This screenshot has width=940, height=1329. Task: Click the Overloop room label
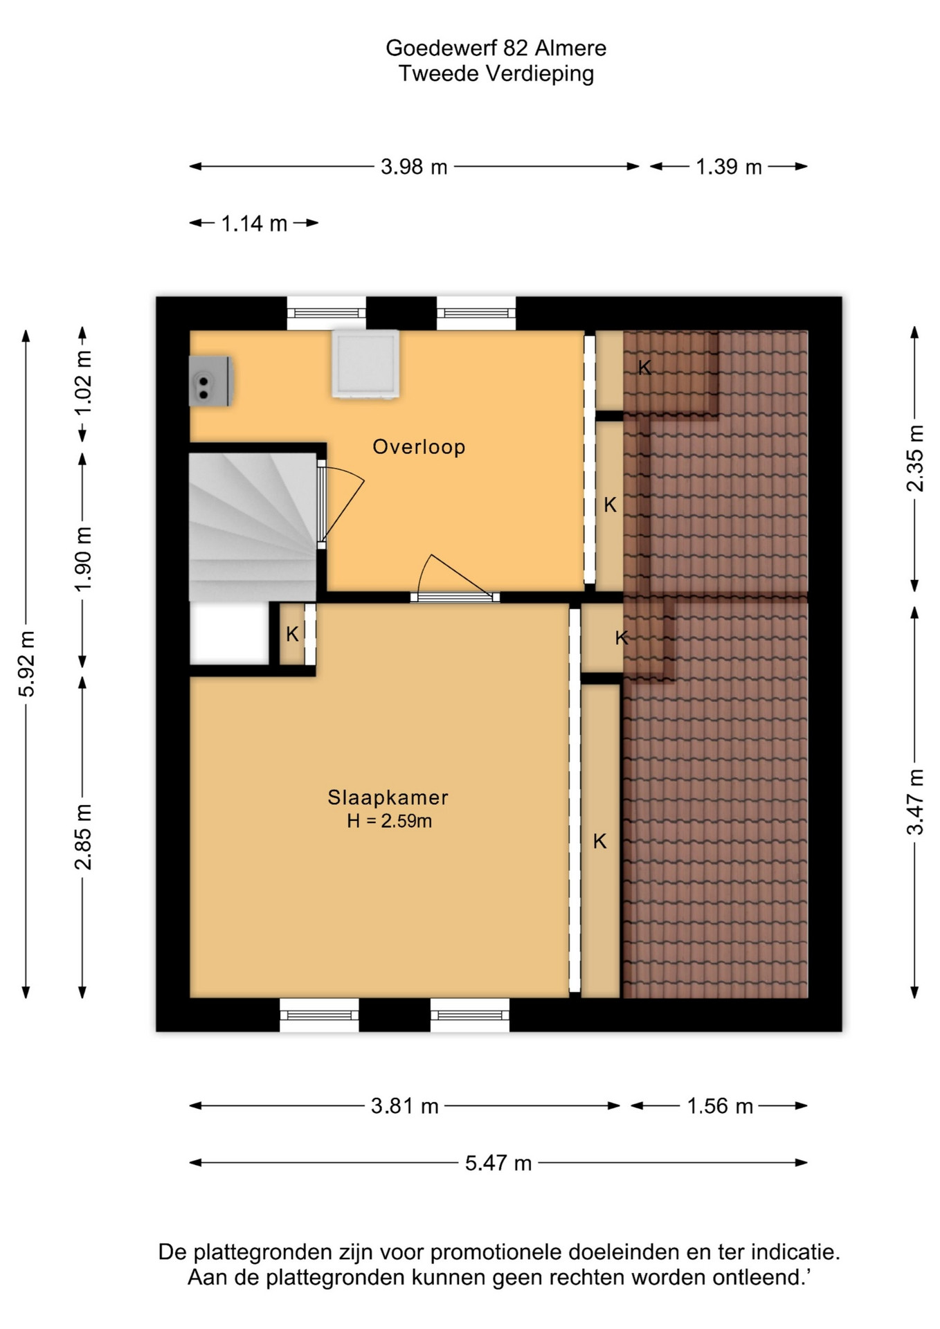(419, 446)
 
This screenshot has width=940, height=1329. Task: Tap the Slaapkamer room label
(388, 797)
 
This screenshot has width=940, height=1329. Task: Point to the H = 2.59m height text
(390, 822)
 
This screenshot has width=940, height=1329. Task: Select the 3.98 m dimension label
(414, 167)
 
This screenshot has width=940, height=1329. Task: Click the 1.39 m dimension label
(729, 167)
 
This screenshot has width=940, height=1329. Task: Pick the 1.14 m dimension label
(254, 224)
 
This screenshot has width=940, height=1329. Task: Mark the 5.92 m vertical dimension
(27, 664)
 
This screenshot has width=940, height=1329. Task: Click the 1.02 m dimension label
(83, 383)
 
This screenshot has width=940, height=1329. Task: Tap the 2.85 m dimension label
(83, 837)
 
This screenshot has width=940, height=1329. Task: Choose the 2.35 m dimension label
(915, 458)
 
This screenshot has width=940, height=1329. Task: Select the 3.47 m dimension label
(915, 802)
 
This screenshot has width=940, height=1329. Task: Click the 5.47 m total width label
(498, 1163)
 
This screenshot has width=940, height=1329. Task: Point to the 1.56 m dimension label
(720, 1106)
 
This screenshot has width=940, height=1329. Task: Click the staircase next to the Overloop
(253, 527)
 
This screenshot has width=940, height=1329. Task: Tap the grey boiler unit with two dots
(210, 381)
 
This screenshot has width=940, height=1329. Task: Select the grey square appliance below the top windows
(365, 364)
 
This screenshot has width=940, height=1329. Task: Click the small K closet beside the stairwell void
(292, 634)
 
